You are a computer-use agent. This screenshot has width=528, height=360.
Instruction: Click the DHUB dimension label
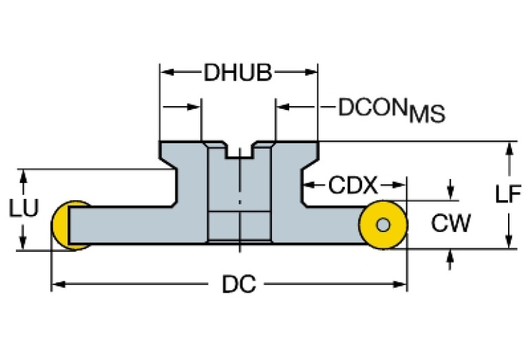point(237,73)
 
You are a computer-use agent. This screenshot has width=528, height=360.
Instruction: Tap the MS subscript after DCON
point(427,115)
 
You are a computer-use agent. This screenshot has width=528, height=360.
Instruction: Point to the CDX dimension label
point(353,185)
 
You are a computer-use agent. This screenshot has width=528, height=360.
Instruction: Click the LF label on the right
point(507,195)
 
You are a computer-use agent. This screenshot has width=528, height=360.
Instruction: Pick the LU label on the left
point(23,208)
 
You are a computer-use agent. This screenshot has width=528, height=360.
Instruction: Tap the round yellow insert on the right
point(383,224)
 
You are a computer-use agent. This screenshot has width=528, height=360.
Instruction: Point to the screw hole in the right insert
point(383,224)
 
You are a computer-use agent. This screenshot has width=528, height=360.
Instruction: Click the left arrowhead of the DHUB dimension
point(166,71)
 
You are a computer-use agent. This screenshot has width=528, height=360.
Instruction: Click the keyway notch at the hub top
point(240,149)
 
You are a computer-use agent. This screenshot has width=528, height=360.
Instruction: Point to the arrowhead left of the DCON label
point(282,107)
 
